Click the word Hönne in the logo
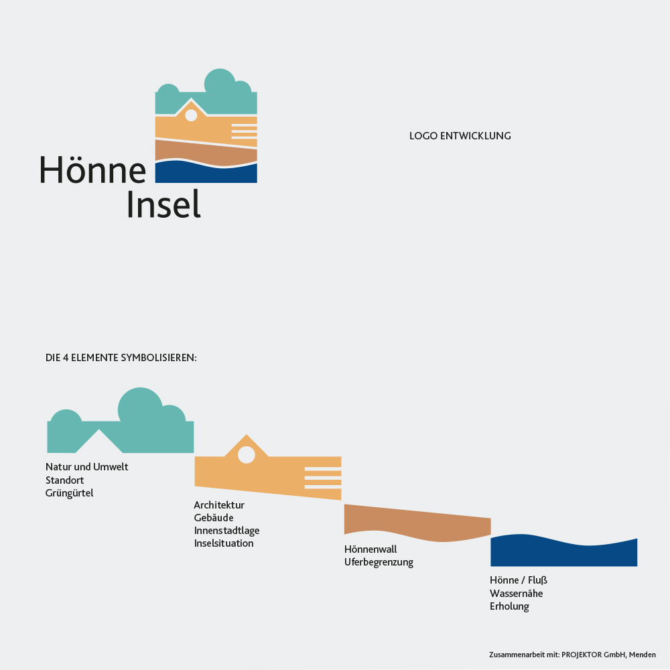click(92, 170)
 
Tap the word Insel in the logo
click(163, 204)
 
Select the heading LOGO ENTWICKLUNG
click(460, 136)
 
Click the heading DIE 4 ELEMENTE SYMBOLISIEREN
click(121, 358)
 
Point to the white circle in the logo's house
click(191, 115)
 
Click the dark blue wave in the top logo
click(206, 173)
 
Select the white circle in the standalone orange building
click(246, 455)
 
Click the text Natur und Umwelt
click(86, 466)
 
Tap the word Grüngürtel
click(69, 493)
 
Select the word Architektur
click(219, 505)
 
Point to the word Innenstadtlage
click(226, 531)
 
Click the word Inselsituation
click(224, 543)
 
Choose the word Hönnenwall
click(371, 549)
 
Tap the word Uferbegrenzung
click(379, 562)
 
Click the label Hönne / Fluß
click(519, 580)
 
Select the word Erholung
click(509, 606)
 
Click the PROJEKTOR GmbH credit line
click(572, 655)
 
